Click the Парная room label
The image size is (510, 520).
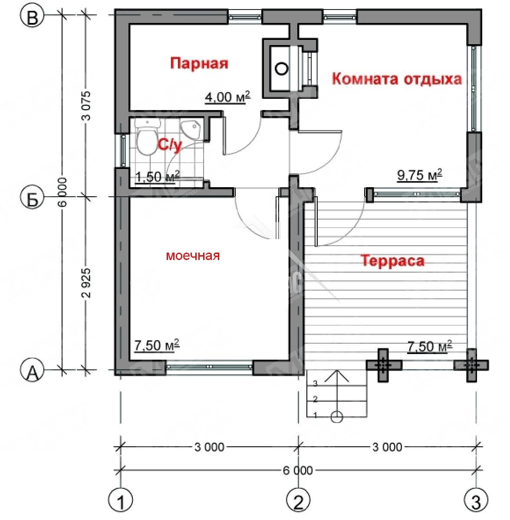199,63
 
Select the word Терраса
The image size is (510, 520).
393,261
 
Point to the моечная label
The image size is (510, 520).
193,256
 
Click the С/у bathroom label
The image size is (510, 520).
170,145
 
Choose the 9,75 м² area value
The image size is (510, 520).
419,175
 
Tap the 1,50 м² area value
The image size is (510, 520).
158,177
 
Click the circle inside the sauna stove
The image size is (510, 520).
281,68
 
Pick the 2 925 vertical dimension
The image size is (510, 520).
86,283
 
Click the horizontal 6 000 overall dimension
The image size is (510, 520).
298,470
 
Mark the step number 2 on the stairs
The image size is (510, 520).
315,399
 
